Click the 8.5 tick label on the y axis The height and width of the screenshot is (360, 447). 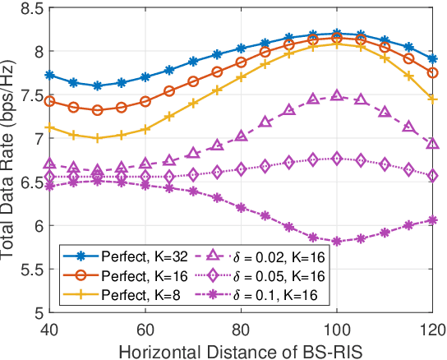click(30, 9)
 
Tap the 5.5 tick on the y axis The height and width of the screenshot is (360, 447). click(30, 270)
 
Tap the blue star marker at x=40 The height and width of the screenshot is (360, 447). click(49, 75)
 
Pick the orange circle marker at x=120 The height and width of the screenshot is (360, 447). click(434, 73)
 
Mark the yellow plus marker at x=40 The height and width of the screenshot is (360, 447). click(49, 127)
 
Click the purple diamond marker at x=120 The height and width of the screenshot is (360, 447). click(434, 176)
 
